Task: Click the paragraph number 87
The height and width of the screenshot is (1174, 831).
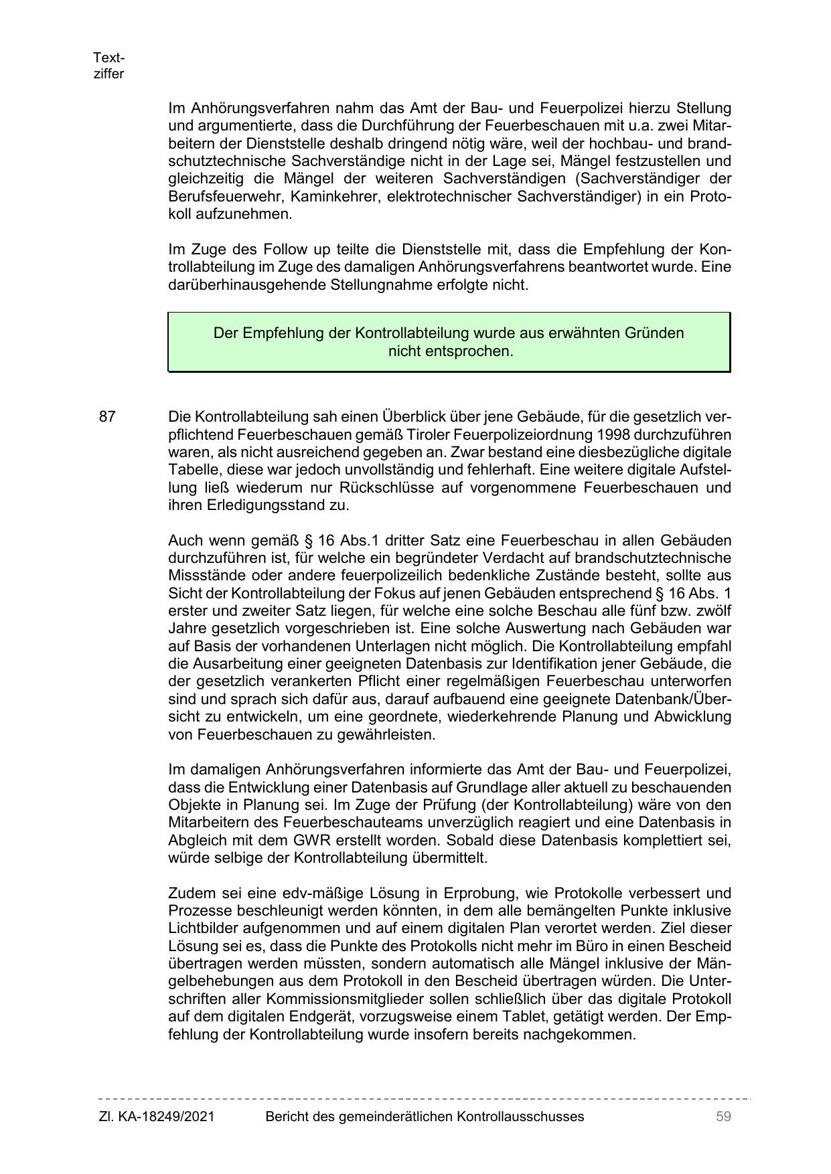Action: [107, 417]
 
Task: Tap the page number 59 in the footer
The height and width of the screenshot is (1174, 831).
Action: [723, 1116]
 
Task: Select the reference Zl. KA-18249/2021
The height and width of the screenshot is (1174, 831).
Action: [157, 1116]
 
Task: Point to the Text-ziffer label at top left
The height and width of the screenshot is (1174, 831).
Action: [108, 66]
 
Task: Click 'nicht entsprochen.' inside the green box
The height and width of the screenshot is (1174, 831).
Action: [450, 351]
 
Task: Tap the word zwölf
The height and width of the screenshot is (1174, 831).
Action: [712, 611]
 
